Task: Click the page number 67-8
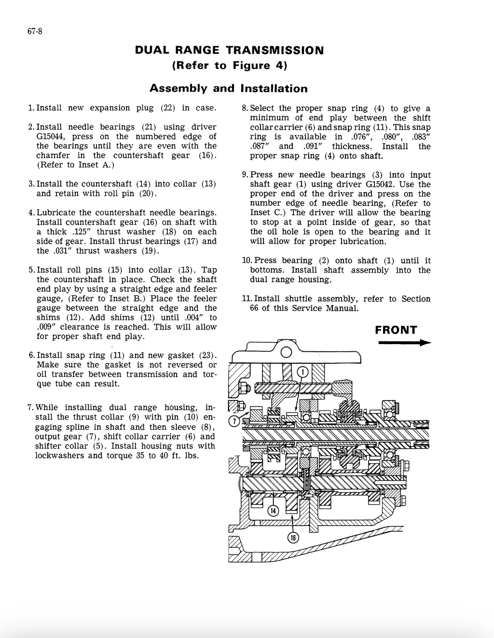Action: (x=35, y=32)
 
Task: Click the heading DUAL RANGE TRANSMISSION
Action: (x=229, y=50)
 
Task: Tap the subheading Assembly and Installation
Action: (x=228, y=88)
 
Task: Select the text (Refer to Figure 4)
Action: (x=229, y=66)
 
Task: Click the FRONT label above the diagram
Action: (x=396, y=330)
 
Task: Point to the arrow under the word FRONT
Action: (x=404, y=343)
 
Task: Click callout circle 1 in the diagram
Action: (x=302, y=372)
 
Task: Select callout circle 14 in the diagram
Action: (x=273, y=511)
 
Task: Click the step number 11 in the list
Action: (x=246, y=299)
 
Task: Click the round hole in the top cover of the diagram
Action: (x=286, y=353)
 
